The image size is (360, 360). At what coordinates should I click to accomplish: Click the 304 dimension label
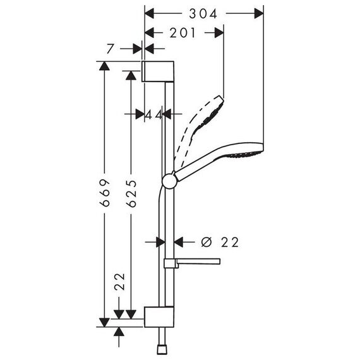[x=203, y=14]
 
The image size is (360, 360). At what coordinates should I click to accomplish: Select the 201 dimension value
[x=183, y=33]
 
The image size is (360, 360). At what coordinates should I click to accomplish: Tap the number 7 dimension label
[x=111, y=49]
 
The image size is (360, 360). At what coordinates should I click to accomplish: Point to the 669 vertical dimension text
[x=105, y=193]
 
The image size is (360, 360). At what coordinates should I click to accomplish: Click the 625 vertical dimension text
[x=131, y=193]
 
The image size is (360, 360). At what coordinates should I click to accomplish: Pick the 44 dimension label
[x=154, y=114]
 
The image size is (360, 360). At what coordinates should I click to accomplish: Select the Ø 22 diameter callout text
[x=220, y=242]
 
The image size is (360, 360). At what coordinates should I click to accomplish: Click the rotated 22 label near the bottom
[x=119, y=282]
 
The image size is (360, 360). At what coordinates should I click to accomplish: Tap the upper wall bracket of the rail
[x=158, y=71]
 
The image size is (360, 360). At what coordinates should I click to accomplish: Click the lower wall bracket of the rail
[x=159, y=316]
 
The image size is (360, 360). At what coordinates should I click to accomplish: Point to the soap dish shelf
[x=193, y=263]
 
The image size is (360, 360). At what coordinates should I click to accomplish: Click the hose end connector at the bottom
[x=162, y=349]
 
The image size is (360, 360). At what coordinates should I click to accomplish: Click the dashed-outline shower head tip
[x=220, y=99]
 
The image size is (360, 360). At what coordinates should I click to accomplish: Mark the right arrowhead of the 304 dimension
[x=259, y=13]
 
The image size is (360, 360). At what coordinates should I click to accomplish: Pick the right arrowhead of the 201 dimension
[x=219, y=33]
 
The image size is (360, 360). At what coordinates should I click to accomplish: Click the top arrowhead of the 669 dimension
[x=104, y=66]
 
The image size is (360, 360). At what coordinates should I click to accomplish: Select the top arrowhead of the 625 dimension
[x=131, y=76]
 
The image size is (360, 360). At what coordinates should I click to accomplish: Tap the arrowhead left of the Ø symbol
[x=178, y=242]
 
